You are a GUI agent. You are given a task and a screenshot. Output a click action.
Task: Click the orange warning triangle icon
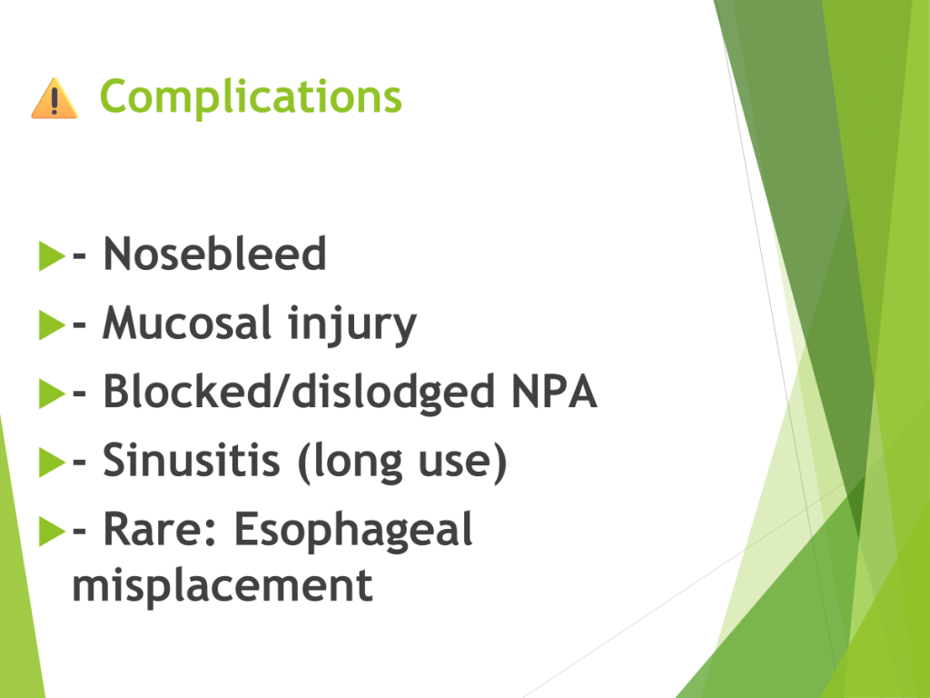point(54,98)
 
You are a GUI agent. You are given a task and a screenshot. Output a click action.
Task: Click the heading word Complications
point(251,96)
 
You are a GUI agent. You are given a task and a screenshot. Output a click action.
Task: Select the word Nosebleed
point(214,254)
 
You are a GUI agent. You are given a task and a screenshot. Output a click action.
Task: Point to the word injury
point(352,325)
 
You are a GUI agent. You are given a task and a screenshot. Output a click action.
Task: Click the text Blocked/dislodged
point(298,392)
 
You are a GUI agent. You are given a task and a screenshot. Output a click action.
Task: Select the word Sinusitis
point(191,460)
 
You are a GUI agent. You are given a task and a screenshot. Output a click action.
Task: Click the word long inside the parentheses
point(351,463)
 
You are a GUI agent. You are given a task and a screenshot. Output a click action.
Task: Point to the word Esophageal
point(353,531)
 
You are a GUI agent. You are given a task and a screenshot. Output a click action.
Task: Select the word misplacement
point(223,586)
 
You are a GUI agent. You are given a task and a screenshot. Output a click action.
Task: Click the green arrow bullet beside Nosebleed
point(52,255)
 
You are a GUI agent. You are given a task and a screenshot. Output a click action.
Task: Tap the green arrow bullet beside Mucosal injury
point(52,324)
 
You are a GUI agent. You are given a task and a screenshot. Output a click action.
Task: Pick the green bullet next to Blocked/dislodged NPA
point(52,394)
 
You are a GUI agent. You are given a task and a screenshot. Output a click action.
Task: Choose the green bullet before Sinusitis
point(52,462)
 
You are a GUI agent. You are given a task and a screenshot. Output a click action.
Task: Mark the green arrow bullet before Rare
point(52,531)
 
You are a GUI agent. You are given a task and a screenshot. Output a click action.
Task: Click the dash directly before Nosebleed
point(80,256)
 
